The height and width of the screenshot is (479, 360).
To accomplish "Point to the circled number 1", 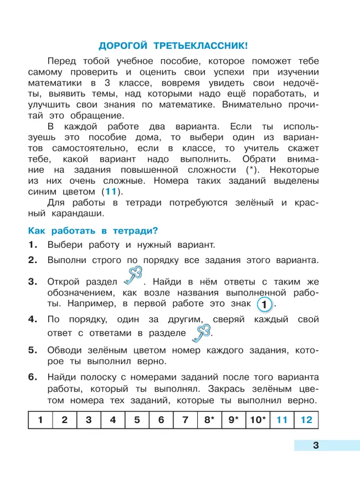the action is click(265, 304).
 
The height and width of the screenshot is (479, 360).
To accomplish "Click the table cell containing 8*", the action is click(209, 420).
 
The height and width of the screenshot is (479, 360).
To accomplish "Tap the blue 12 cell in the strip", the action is click(306, 420).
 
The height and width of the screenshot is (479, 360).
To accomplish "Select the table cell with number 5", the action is click(137, 420).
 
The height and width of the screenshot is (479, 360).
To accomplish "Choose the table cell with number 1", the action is click(40, 420).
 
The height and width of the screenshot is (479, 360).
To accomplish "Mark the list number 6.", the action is click(33, 377).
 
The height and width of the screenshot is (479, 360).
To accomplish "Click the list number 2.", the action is click(33, 260).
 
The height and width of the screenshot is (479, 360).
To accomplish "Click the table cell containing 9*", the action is click(233, 420).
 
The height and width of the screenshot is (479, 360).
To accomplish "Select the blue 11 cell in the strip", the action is click(282, 420).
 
